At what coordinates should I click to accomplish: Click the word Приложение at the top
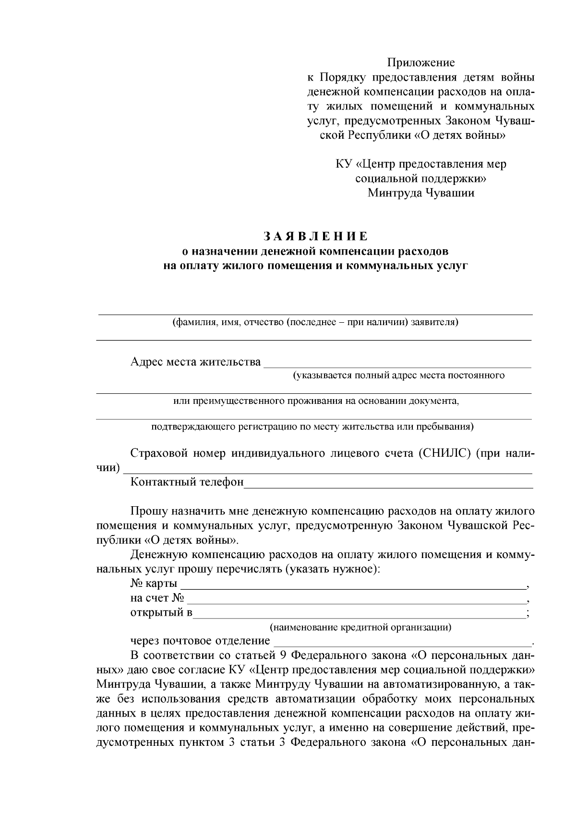[x=421, y=62]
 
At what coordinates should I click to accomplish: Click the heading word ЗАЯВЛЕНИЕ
[x=316, y=236]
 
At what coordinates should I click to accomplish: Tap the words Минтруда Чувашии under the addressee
[x=421, y=193]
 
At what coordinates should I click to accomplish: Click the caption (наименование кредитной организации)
[x=360, y=627]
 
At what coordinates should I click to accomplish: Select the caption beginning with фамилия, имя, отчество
[x=315, y=322]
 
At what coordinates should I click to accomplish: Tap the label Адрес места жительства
[x=196, y=362]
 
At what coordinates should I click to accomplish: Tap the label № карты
[x=154, y=584]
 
